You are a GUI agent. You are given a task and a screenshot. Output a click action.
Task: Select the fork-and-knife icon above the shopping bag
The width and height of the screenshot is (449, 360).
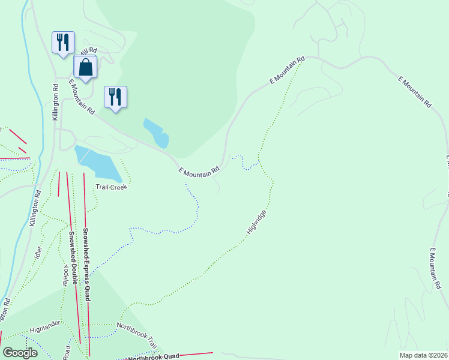click(63, 42)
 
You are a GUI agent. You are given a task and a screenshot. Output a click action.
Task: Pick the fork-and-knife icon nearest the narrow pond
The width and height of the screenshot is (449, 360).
click(115, 97)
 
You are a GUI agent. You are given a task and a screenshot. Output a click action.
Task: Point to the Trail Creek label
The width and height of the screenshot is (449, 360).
click(112, 187)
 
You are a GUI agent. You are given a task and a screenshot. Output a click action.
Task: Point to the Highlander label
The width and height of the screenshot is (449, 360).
click(45, 327)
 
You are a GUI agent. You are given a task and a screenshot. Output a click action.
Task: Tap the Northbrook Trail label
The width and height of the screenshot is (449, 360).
click(136, 334)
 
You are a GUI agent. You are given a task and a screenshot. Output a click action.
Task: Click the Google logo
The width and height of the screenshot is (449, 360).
click(20, 353)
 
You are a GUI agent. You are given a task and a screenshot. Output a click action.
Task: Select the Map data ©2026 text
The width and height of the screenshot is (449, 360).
click(423, 355)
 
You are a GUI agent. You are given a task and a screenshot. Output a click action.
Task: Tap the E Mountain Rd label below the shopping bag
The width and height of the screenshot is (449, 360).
click(82, 97)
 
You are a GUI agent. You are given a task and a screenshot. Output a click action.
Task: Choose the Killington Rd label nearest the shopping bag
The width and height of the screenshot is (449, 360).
click(55, 102)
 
